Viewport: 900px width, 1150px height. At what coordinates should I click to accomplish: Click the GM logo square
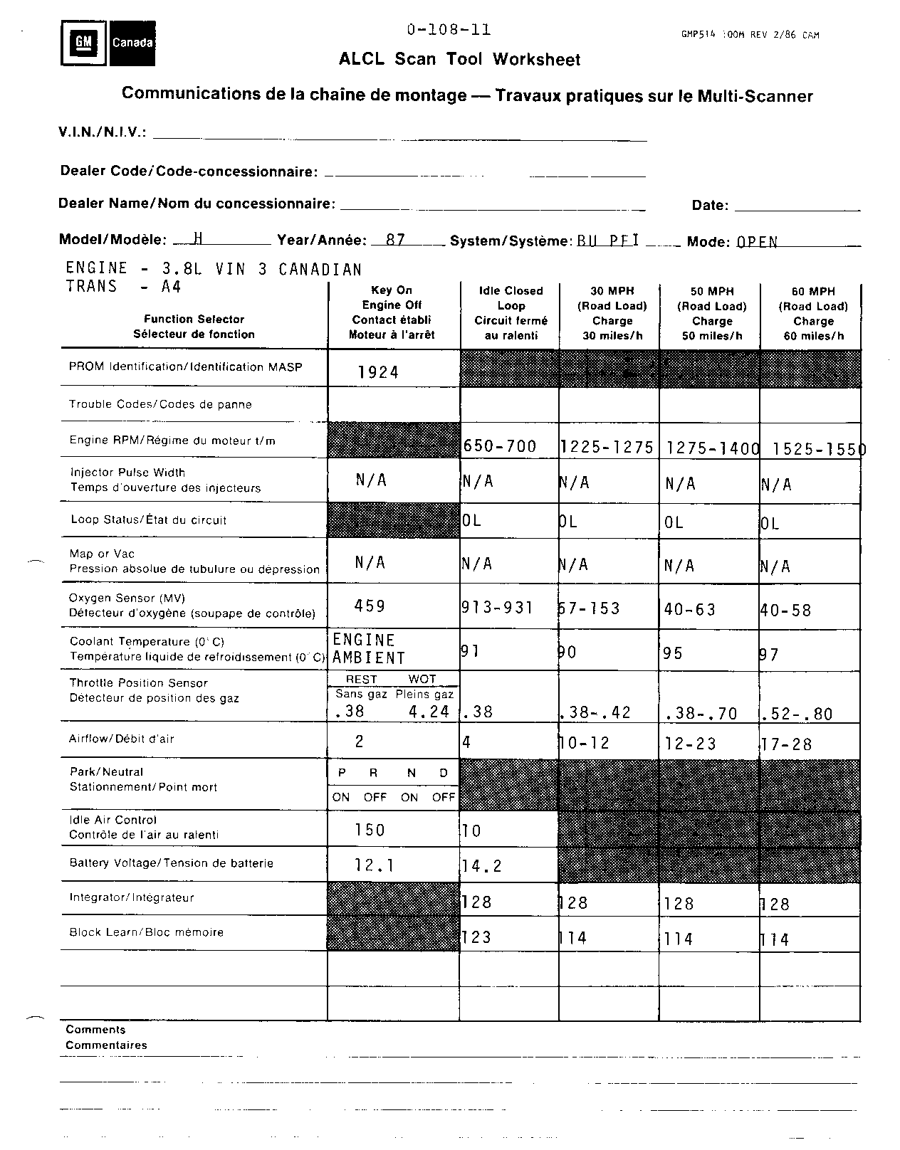point(84,43)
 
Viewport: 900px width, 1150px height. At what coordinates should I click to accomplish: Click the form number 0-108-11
point(449,30)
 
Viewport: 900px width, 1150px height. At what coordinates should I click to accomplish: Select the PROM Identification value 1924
point(378,372)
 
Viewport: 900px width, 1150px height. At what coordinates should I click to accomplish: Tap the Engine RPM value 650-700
point(500,446)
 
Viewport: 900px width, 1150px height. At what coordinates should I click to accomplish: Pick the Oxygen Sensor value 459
point(370,606)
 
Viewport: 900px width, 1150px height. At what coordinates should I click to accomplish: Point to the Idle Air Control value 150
point(370,830)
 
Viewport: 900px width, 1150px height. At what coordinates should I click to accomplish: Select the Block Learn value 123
point(477,937)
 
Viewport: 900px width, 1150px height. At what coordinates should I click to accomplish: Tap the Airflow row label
point(122,739)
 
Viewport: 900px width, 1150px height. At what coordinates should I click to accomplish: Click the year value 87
point(395,240)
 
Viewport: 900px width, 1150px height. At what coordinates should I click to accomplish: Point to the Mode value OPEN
point(757,242)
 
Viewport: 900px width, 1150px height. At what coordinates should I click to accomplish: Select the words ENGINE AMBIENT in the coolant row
point(368,649)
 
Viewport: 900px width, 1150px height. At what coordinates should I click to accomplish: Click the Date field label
point(710,206)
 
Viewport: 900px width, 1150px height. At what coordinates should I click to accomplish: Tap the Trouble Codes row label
point(160,404)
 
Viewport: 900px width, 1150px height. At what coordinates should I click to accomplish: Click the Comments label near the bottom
point(95,1030)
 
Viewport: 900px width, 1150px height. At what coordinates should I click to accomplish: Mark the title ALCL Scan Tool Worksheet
point(459,60)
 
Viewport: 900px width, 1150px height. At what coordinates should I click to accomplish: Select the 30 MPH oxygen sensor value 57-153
point(590,608)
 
